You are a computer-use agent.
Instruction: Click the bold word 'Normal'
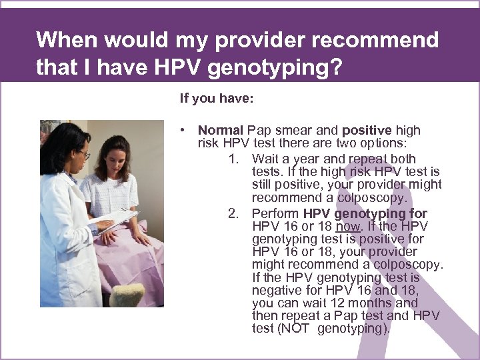221,131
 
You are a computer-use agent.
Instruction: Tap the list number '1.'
233,159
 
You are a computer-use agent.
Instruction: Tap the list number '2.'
233,214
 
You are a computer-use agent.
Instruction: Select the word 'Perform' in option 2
275,214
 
